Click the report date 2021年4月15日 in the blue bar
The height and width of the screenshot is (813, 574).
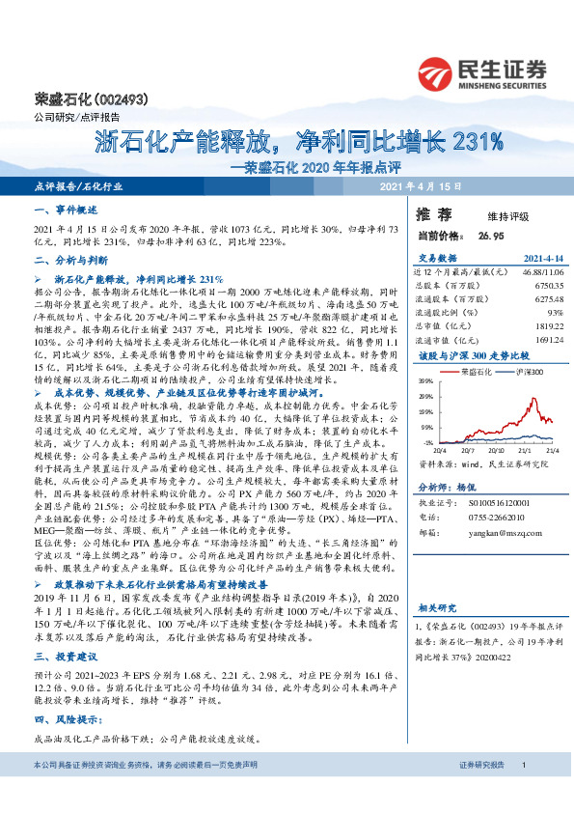coord(420,185)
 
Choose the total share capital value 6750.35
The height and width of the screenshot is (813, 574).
coord(547,286)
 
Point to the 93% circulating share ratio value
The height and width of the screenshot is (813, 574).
coord(555,312)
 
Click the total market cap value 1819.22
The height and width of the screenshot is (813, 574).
coord(547,325)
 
